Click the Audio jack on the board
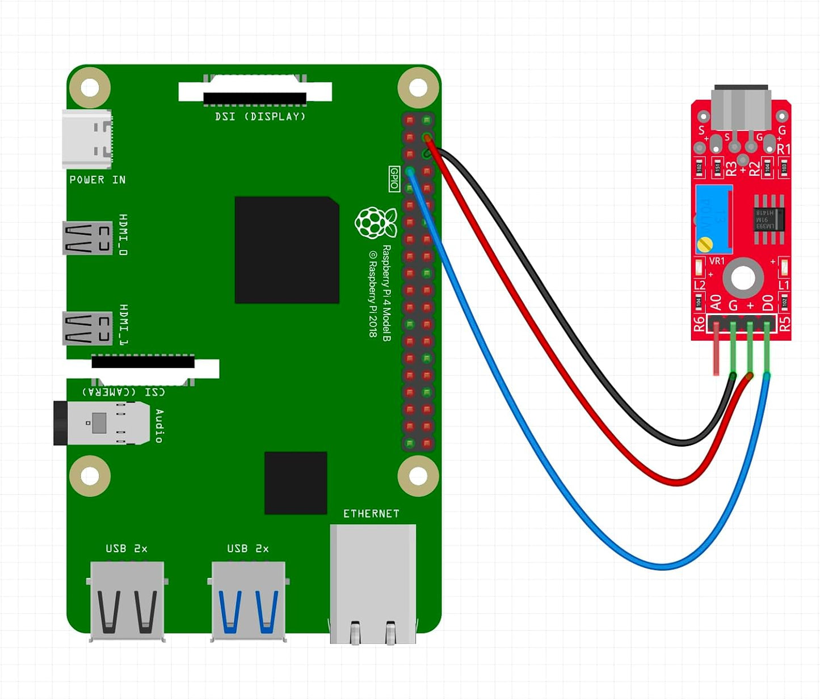point(102,423)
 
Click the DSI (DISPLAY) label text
point(260,117)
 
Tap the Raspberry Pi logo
point(375,223)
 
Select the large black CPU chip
point(287,250)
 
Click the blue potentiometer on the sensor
point(714,219)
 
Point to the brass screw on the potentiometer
point(705,244)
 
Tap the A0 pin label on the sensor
point(716,303)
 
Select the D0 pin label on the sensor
point(768,304)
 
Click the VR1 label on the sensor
point(717,261)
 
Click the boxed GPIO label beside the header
point(394,179)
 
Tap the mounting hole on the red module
point(743,278)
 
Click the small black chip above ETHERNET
point(296,483)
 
